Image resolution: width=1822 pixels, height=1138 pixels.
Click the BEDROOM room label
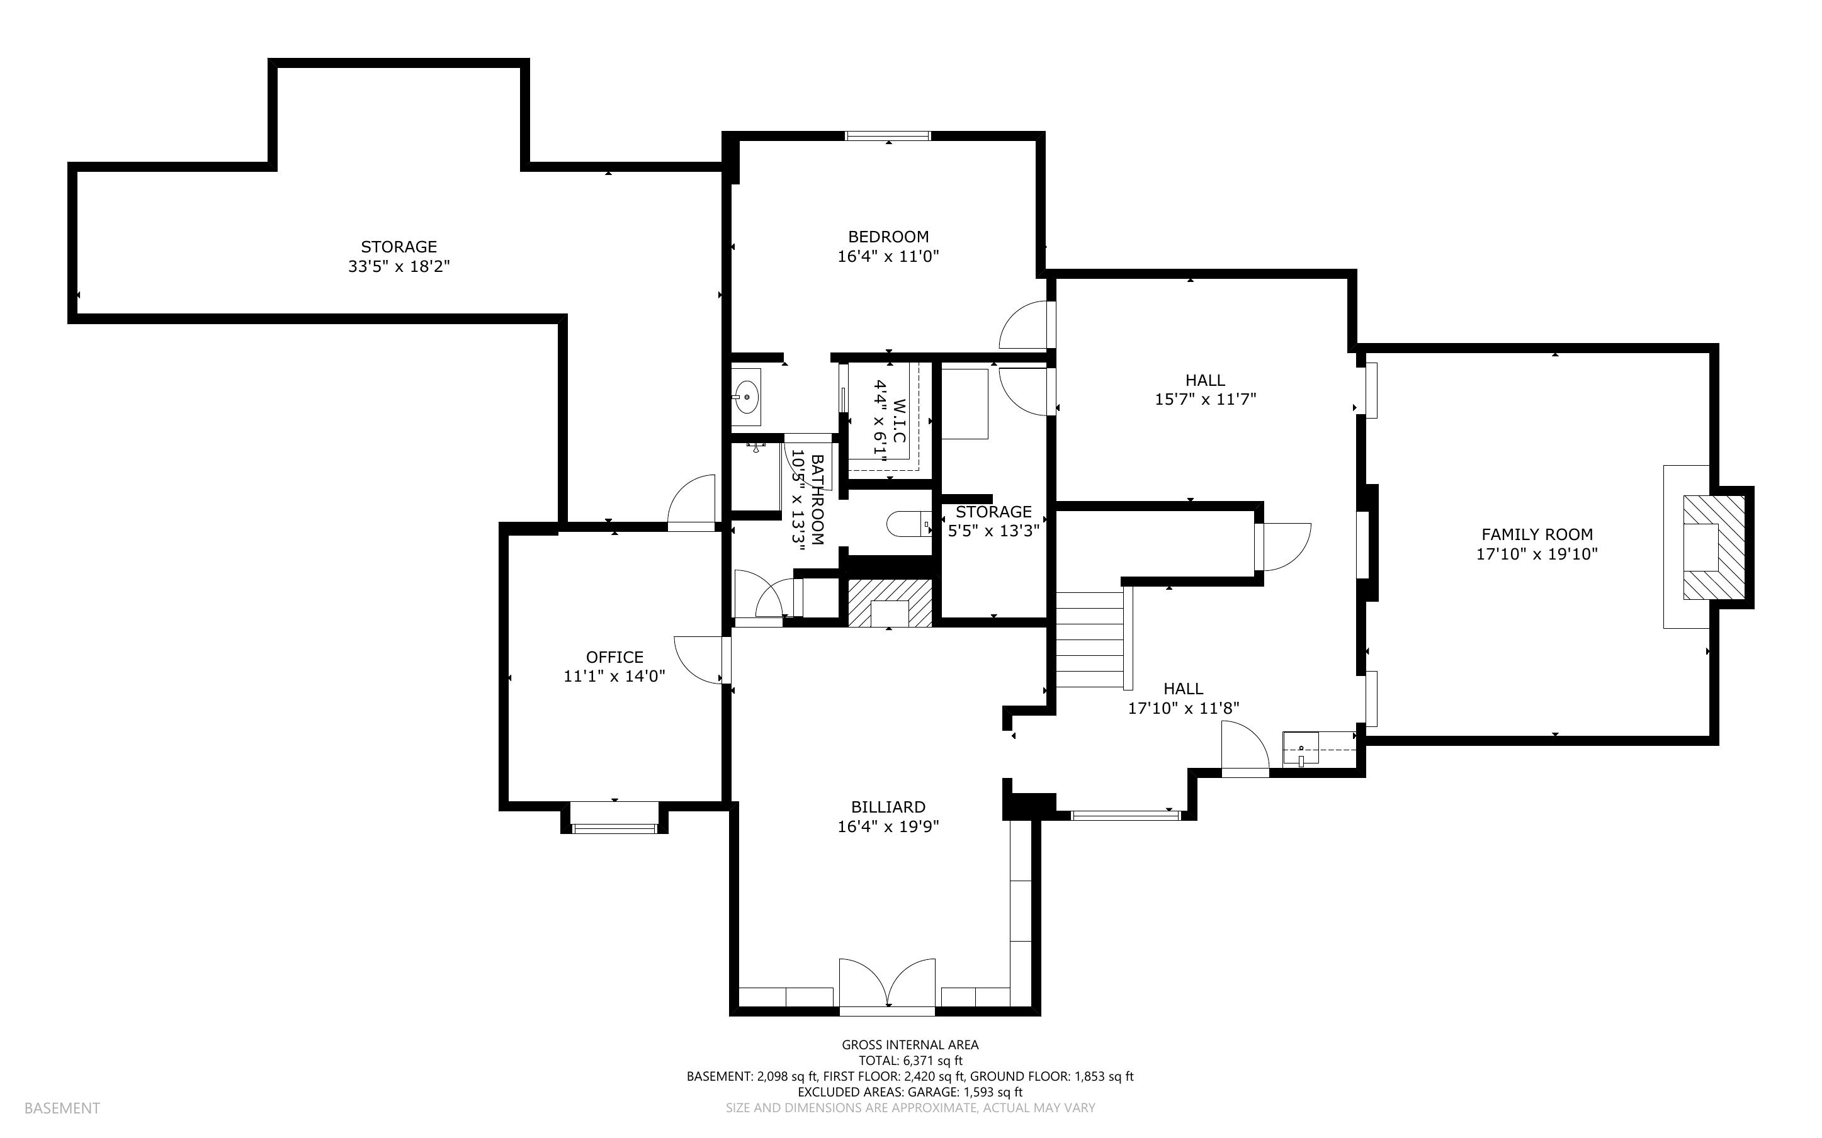888,236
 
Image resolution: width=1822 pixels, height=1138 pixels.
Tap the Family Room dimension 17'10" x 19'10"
1537,554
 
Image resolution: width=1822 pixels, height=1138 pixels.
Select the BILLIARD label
888,807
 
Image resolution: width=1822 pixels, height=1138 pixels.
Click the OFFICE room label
614,657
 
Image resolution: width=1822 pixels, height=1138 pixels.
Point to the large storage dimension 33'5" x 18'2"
399,266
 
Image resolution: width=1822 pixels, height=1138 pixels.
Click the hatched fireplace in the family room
1713,547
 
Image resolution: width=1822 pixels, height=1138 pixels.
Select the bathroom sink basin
747,397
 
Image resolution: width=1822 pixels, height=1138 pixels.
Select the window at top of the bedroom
888,136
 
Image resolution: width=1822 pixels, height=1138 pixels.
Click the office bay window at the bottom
614,828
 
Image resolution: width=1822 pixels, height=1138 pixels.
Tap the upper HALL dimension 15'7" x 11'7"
1205,399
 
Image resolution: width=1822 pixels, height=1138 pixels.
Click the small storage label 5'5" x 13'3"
993,531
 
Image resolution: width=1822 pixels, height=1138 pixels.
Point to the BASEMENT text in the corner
62,1108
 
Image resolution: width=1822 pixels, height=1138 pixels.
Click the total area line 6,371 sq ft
910,1061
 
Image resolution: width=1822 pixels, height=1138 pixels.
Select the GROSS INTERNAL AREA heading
910,1045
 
